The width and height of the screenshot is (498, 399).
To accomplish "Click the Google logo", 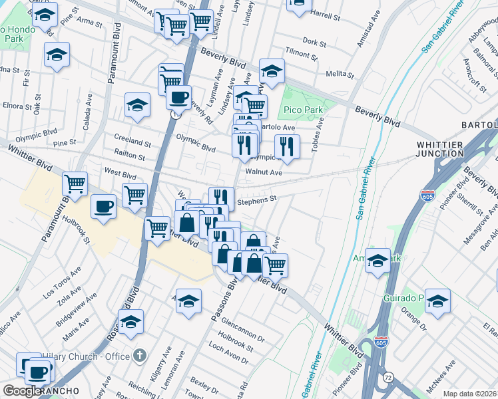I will tap(22, 391).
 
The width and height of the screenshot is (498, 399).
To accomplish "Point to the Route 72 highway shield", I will tap(387, 378).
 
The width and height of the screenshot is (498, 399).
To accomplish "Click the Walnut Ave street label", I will tap(264, 172).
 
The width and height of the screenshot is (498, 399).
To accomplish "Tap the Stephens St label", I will tap(256, 198).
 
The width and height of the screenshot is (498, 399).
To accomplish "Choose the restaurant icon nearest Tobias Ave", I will tap(287, 147).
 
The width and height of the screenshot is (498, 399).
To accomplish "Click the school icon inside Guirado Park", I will tap(437, 301).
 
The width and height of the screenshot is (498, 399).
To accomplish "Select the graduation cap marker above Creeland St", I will tap(138, 105).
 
